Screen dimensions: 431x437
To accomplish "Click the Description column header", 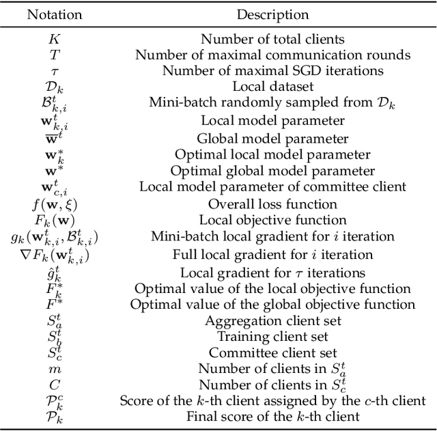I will click(272, 14).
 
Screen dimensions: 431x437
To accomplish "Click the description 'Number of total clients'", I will click(272, 40).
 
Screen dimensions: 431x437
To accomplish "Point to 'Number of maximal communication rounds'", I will click(272, 55).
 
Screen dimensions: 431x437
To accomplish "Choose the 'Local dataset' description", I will click(272, 85).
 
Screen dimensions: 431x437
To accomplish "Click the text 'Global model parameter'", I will click(272, 137).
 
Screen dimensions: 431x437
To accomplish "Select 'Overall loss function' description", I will click(272, 204).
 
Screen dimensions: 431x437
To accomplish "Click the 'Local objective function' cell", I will click(272, 220).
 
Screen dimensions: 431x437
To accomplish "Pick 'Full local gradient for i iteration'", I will click(272, 254).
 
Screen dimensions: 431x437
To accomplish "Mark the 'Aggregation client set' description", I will click(272, 320).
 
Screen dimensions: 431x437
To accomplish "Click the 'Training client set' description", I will click(272, 337).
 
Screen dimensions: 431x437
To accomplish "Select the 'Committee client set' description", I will click(272, 353).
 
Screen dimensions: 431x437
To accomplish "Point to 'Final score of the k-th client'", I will click(272, 417).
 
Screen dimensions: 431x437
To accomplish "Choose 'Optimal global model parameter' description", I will click(272, 170).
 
